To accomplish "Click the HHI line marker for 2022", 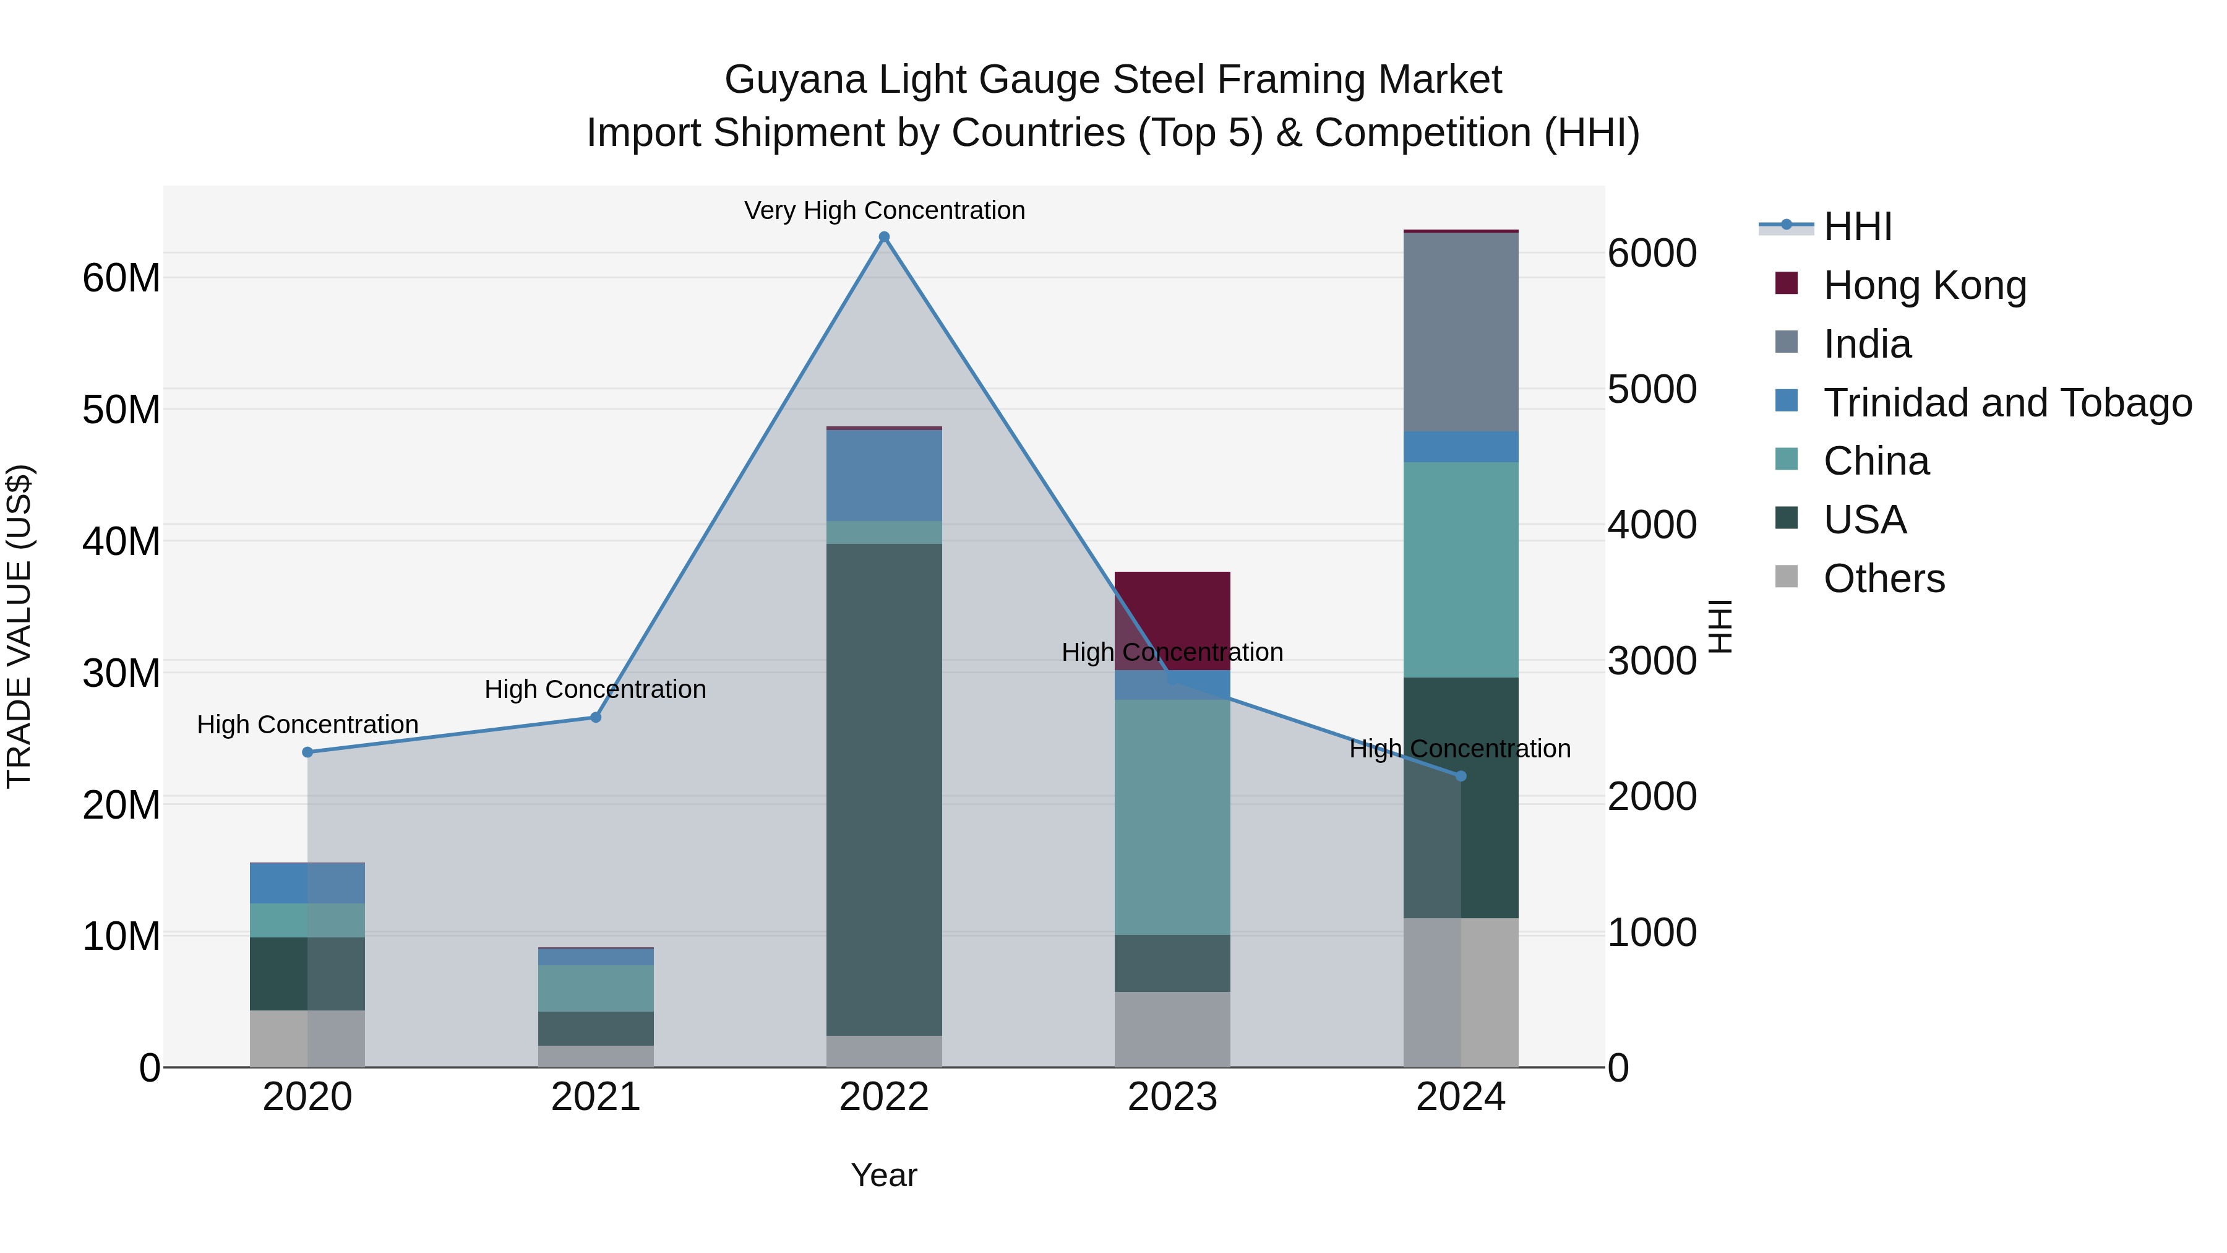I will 883,237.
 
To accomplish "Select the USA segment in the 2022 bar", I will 883,789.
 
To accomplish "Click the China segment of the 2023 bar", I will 1172,817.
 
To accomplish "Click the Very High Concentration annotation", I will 883,210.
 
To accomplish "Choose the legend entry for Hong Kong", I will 1924,285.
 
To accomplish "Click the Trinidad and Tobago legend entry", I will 2007,403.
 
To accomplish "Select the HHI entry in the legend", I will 1857,226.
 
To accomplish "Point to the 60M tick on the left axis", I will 121,278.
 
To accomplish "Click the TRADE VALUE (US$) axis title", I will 19,626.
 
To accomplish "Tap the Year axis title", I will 883,1175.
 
